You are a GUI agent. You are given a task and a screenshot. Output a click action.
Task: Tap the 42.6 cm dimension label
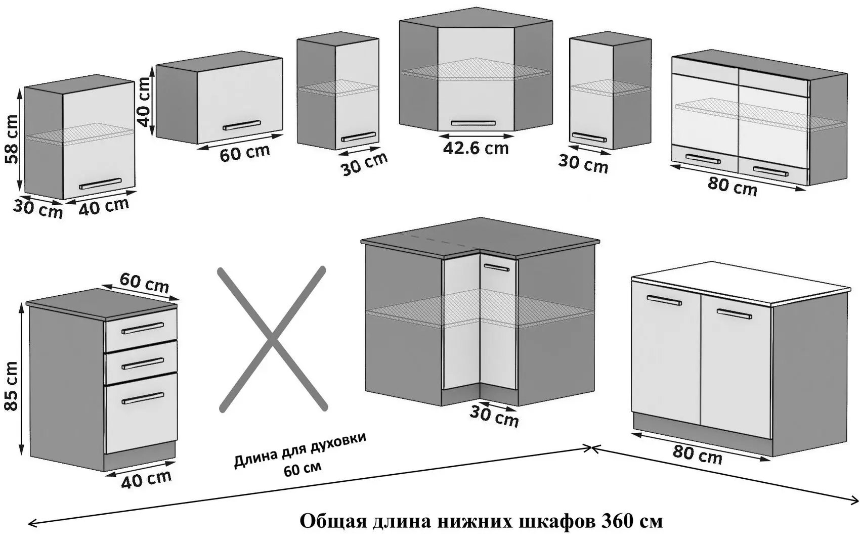click(x=476, y=148)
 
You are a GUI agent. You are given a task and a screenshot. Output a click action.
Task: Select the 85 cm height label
click(x=11, y=386)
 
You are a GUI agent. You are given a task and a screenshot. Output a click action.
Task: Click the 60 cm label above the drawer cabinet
click(x=144, y=283)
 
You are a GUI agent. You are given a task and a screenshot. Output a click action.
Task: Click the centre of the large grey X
click(x=272, y=338)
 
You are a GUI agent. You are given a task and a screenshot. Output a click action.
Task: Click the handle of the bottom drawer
click(x=143, y=398)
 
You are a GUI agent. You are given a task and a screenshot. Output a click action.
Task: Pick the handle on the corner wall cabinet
click(x=473, y=123)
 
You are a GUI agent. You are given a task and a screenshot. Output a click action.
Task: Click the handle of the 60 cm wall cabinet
click(x=243, y=125)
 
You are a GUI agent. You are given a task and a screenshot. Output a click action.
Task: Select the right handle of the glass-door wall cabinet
click(x=770, y=171)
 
